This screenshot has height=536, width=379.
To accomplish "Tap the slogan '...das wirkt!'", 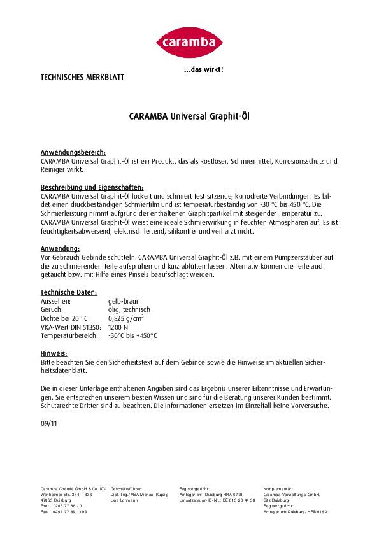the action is point(203,69).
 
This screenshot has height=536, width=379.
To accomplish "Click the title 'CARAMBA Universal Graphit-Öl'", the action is point(189,117).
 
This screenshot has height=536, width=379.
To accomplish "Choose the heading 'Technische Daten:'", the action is point(67,290).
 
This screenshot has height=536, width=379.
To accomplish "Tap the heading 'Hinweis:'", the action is point(54,351).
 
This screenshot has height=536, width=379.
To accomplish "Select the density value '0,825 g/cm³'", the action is point(128,316).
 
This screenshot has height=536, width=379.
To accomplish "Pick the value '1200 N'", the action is point(118,325).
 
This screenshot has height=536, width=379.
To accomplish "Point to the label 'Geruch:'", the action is point(52,308).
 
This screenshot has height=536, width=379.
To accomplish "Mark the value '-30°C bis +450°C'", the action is point(132,334).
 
